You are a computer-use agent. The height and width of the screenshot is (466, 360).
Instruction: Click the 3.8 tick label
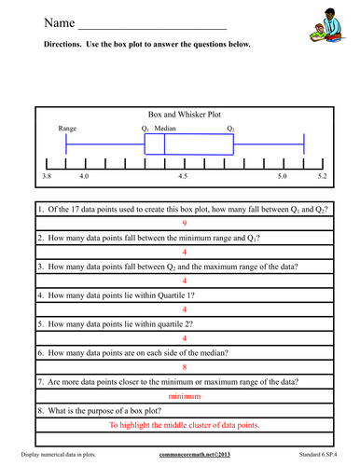click(x=48, y=175)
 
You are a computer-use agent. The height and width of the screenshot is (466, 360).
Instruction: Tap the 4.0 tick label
click(x=84, y=175)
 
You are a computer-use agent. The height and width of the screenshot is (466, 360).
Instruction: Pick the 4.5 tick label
click(x=183, y=175)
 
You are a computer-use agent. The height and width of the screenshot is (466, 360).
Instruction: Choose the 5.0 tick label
click(x=282, y=175)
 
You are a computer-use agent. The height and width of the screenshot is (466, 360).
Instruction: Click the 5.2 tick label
click(x=321, y=175)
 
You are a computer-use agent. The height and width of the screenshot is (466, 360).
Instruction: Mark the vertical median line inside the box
click(x=164, y=144)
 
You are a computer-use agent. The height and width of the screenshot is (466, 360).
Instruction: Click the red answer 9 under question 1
click(x=184, y=224)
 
